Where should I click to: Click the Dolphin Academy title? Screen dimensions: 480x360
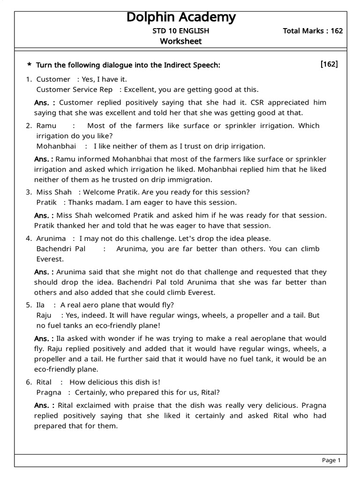click(181, 18)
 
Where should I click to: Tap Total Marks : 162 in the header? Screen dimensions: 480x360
click(313, 31)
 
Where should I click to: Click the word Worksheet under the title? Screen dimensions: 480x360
click(181, 41)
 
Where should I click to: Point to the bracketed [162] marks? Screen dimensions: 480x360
click(329, 64)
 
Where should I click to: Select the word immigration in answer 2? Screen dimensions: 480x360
click(193, 180)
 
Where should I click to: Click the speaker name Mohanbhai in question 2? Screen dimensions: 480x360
click(53, 146)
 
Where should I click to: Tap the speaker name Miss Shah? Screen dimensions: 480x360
click(54, 192)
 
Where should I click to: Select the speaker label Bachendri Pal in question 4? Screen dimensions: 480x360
click(61, 249)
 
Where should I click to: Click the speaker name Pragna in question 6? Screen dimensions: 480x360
click(49, 392)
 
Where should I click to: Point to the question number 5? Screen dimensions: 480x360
click(28, 305)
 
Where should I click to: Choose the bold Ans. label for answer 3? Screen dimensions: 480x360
click(44, 216)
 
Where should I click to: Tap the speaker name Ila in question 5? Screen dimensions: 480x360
click(41, 305)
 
